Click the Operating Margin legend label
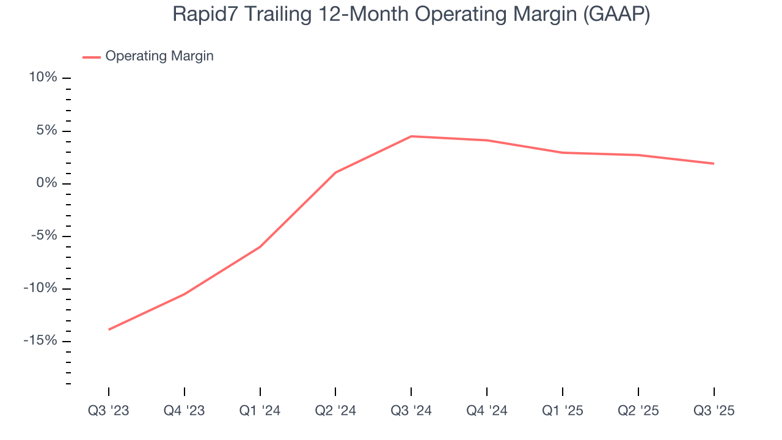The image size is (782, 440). click(159, 56)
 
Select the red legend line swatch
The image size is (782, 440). click(92, 57)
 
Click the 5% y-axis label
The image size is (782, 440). click(46, 131)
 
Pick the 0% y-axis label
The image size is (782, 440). click(46, 183)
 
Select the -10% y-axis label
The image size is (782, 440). click(40, 288)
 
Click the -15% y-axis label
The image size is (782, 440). click(40, 341)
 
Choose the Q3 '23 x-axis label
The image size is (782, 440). click(109, 411)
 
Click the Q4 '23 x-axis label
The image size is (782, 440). click(185, 411)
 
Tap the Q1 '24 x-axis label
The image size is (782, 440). click(260, 411)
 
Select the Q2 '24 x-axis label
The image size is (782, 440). click(335, 411)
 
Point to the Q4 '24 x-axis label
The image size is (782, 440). click(487, 411)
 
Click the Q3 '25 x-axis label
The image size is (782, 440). click(714, 411)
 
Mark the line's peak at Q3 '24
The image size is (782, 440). click(411, 136)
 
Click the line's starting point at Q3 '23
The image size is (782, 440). click(109, 329)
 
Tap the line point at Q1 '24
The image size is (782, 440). click(260, 247)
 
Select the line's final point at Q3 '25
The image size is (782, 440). click(714, 163)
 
